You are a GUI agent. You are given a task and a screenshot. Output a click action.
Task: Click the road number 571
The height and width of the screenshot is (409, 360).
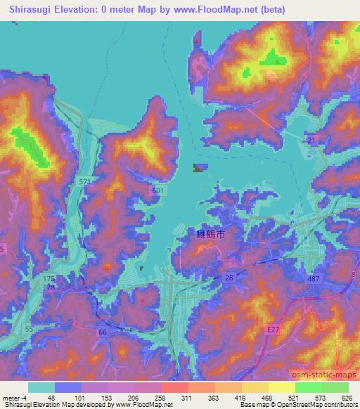coord(85,182)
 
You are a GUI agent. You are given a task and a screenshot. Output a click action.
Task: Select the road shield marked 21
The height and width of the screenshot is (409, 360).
coord(311,143)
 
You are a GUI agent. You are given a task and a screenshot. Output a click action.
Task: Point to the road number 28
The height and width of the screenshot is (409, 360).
coord(229,280)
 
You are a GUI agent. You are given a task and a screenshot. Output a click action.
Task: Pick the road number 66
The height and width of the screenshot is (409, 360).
coord(103,331)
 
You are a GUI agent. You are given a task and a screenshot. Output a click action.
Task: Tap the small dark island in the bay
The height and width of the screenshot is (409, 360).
coord(198,167)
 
